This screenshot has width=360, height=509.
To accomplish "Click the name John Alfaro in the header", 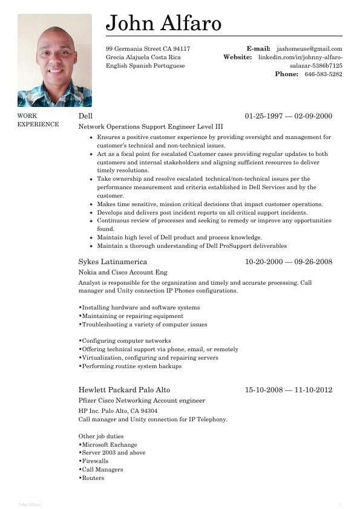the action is click(163, 23).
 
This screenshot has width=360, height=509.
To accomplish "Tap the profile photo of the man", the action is click(54, 60).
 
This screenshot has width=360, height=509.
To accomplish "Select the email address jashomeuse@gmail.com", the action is click(309, 49).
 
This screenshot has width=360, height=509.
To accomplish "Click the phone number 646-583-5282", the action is click(323, 74).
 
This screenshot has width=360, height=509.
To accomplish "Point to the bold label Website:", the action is click(237, 57).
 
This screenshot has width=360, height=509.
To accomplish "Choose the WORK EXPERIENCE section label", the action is click(38, 120).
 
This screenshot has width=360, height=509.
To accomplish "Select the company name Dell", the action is click(85, 116).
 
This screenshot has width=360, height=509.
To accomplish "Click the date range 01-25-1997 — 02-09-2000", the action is click(289, 116).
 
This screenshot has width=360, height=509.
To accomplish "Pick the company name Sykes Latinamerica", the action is click(113, 262).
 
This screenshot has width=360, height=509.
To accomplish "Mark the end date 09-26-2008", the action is click(313, 262).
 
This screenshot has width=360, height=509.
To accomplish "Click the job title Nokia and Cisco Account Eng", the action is click(123, 273).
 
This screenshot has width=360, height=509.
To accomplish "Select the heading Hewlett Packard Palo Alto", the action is click(124, 390).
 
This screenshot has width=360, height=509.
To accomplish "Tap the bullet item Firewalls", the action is click(94, 461).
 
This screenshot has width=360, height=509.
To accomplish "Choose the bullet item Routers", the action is click(93, 478).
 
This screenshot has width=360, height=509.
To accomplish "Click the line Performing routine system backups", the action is click(131, 366).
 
